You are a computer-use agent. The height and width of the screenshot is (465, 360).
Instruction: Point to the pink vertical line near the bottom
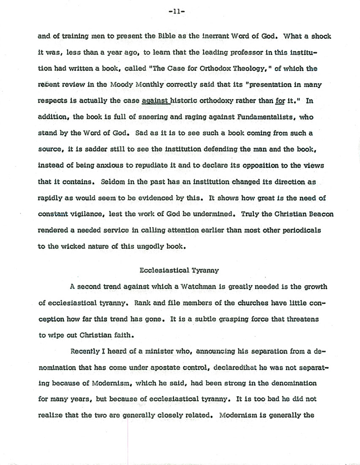(128, 439)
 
